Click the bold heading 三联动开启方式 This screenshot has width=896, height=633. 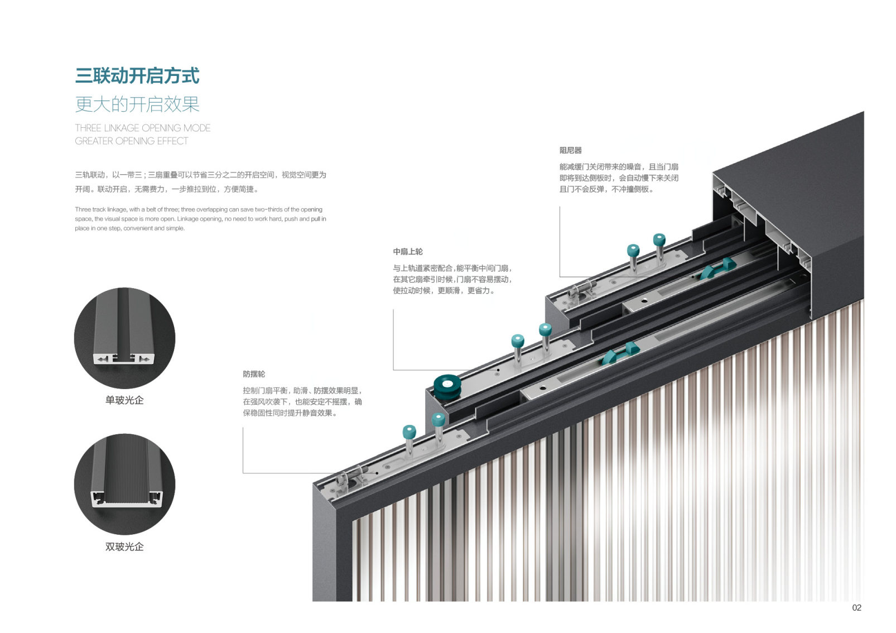point(137,76)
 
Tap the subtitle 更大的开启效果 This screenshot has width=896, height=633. point(137,104)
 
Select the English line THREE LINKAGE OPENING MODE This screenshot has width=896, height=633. point(143,128)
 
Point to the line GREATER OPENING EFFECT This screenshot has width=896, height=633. point(132,141)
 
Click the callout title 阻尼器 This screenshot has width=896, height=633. point(570,150)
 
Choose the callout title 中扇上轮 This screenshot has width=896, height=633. point(408,252)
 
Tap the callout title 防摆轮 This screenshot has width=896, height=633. point(254,374)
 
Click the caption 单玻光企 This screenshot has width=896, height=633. point(124,400)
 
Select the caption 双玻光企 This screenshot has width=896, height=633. point(124,547)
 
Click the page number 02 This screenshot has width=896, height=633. point(857,608)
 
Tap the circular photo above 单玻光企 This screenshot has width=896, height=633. point(124,338)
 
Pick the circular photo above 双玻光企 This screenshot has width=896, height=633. point(124,484)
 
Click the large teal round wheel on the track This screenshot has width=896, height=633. point(447,386)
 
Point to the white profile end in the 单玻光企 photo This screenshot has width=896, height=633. point(124,358)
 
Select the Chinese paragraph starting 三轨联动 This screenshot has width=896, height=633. point(200,182)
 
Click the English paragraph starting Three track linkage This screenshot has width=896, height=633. point(200,219)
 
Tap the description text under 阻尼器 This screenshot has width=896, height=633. point(619,178)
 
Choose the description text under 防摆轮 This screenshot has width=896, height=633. point(302,402)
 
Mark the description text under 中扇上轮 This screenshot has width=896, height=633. point(452,279)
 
